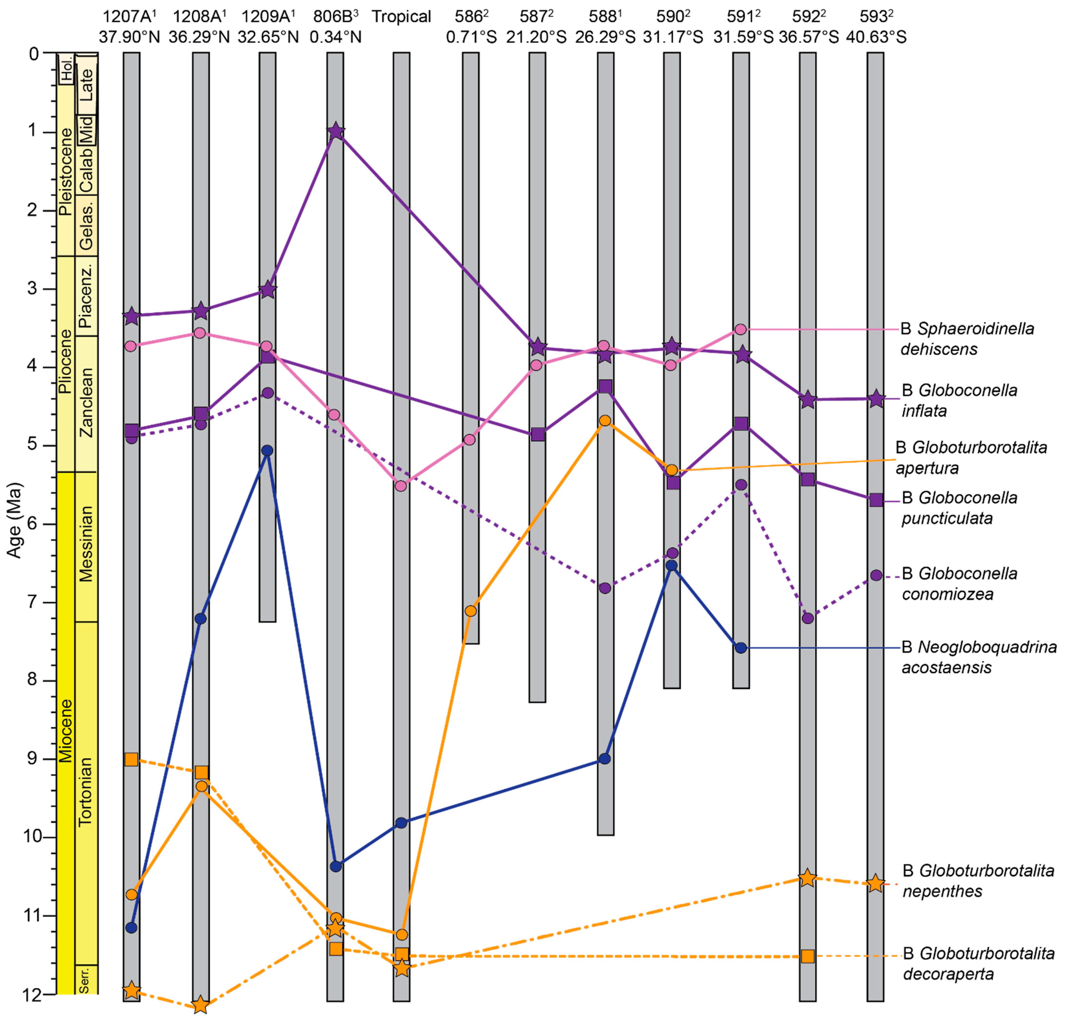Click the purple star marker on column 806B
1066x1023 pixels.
point(336,131)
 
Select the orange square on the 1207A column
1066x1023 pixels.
point(131,759)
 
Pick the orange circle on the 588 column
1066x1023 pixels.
point(605,420)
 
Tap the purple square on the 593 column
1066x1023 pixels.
point(876,500)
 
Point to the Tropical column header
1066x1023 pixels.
point(401,16)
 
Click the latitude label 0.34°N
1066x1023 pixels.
point(336,37)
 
